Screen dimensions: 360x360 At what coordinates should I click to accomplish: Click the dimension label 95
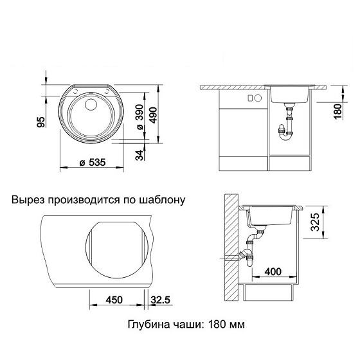tap(41, 122)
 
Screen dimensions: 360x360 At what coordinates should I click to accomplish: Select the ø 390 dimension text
tap(139, 117)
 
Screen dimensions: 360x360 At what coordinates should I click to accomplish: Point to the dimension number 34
tap(139, 155)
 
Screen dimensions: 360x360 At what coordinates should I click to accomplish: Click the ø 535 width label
tap(93, 163)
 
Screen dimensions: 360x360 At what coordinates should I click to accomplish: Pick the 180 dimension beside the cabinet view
tap(338, 111)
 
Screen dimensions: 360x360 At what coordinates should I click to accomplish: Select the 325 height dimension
tap(315, 222)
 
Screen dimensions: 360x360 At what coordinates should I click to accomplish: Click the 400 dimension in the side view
tap(273, 272)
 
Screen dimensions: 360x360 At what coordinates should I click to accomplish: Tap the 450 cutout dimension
tap(114, 300)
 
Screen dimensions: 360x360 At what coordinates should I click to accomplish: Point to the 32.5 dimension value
tap(161, 300)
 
